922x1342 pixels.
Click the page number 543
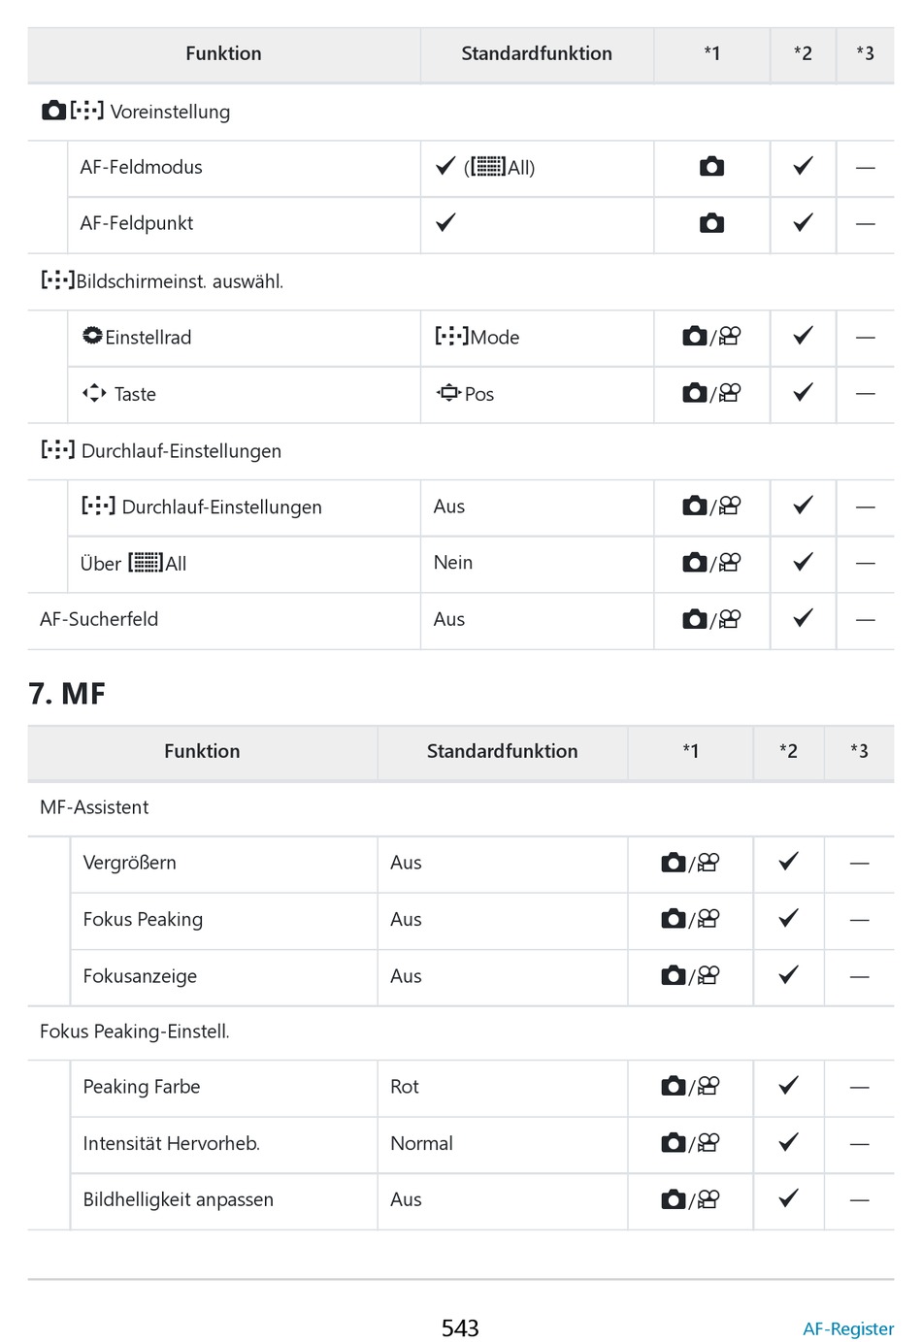pyautogui.click(x=460, y=1327)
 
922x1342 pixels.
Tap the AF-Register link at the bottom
pyautogui.click(x=847, y=1328)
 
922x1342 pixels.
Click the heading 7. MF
pyautogui.click(x=67, y=694)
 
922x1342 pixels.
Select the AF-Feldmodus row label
pyautogui.click(x=141, y=167)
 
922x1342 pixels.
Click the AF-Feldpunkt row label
pyautogui.click(x=136, y=223)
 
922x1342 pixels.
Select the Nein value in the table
pyautogui.click(x=452, y=563)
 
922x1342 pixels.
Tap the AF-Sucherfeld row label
pyautogui.click(x=98, y=619)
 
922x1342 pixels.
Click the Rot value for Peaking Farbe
pyautogui.click(x=404, y=1087)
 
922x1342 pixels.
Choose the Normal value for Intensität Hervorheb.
pyautogui.click(x=421, y=1143)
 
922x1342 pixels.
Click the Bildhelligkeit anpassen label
pyautogui.click(x=178, y=1199)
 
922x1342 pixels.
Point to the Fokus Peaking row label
pyautogui.click(x=143, y=919)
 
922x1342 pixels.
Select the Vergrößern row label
pyautogui.click(x=129, y=863)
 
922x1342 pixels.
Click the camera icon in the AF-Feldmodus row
pyautogui.click(x=711, y=167)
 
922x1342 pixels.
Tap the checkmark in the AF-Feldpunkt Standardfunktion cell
pyautogui.click(x=445, y=223)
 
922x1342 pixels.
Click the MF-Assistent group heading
pyautogui.click(x=94, y=807)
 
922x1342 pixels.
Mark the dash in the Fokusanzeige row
pyautogui.click(x=859, y=976)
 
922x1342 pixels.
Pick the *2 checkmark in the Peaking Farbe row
pyautogui.click(x=788, y=1086)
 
